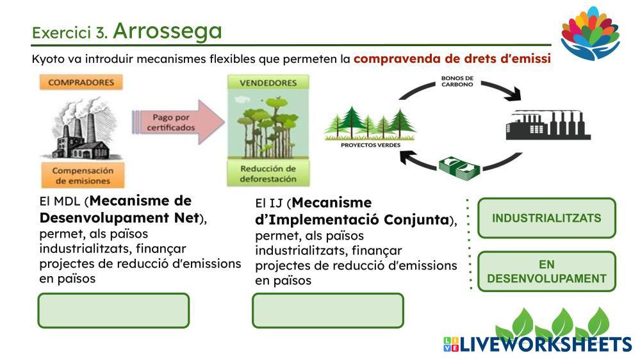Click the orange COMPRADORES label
tap(81, 82)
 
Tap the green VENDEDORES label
tap(268, 83)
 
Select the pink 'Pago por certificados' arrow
tap(176, 122)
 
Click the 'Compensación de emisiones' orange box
tap(82, 176)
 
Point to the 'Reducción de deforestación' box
tap(268, 174)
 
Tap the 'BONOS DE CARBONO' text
tap(457, 82)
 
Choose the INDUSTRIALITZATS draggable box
tap(546, 218)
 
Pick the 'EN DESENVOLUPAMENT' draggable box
tap(546, 271)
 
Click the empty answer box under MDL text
tap(114, 311)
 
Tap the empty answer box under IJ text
tap(327, 311)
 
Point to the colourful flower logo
tap(590, 32)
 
